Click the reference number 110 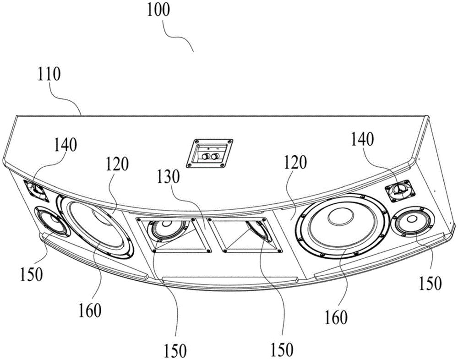49,75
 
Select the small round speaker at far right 412,223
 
